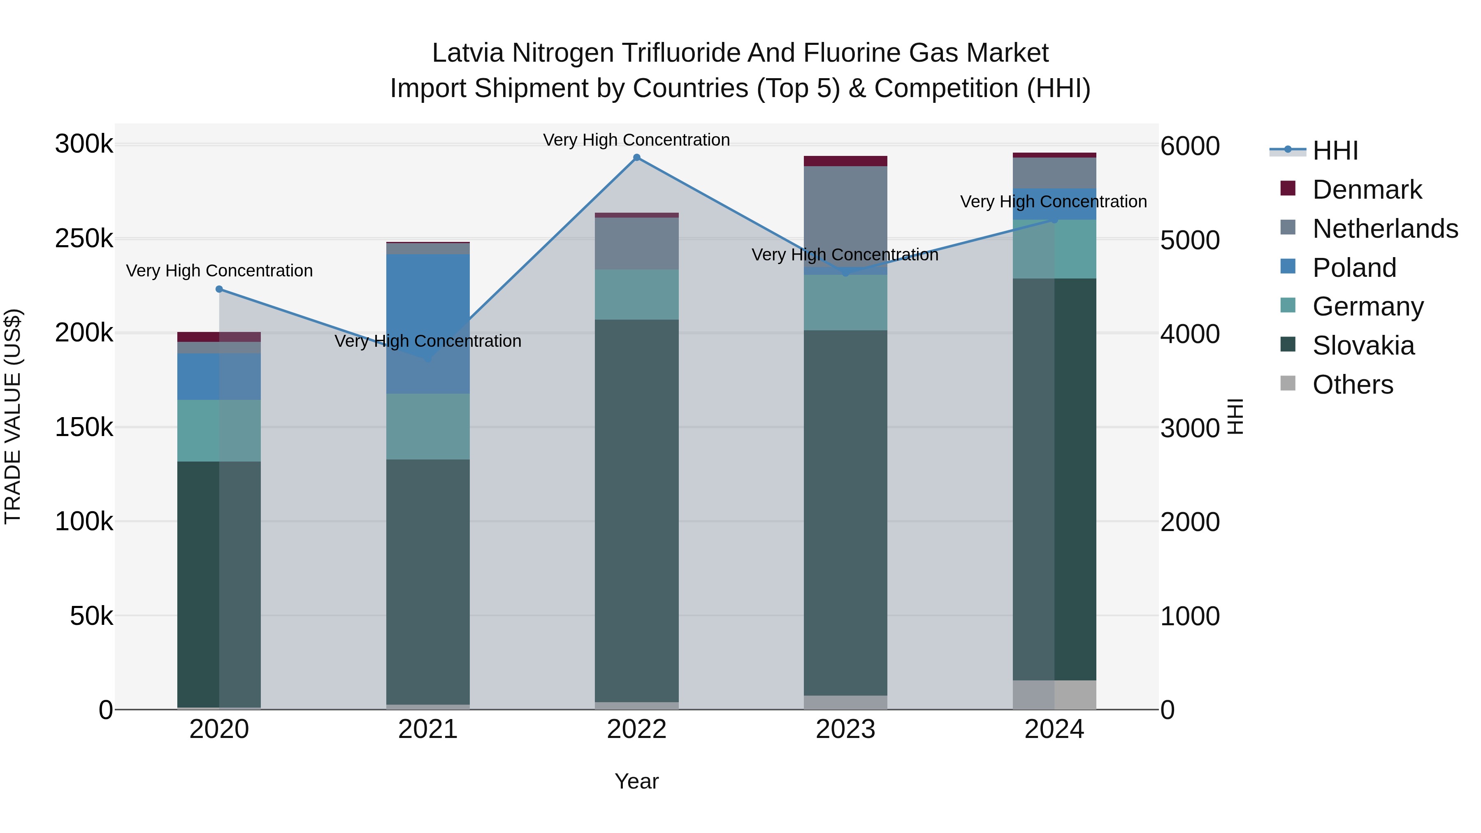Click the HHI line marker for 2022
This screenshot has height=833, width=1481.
coord(636,158)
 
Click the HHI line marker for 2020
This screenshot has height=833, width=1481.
coord(219,289)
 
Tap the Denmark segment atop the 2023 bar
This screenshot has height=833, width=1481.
coord(845,161)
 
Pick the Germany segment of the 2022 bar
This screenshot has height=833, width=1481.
coord(636,295)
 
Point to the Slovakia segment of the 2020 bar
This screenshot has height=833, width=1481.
coord(219,583)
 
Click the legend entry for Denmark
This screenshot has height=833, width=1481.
coord(1367,190)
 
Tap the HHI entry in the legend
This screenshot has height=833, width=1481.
coord(1335,151)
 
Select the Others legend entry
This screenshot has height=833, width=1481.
coord(1353,385)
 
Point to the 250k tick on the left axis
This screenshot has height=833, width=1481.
coord(84,239)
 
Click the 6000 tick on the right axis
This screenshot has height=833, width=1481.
coord(1189,146)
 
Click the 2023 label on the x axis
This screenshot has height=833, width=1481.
coord(845,729)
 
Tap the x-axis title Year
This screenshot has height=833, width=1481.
coord(636,781)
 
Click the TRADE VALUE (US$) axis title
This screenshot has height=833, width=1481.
coord(13,416)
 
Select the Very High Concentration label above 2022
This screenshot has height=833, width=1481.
coord(636,140)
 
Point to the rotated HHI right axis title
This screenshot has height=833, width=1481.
coord(1235,416)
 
